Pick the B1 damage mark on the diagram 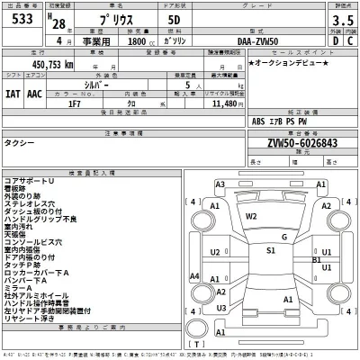tap(316, 259)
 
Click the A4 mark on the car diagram tap(195, 275)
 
